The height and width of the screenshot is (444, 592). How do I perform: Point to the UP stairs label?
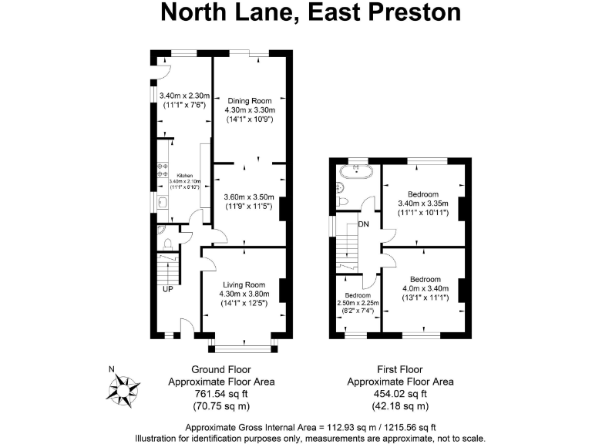(167, 290)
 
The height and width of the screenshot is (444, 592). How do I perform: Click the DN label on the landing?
(363, 224)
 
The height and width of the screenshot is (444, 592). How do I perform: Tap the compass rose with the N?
(123, 390)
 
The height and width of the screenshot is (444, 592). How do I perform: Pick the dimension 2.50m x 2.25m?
(358, 304)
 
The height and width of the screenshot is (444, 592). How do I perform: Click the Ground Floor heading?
(222, 369)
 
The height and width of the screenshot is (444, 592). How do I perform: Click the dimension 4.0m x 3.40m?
(425, 288)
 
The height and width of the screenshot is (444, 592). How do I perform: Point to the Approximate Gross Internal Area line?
(311, 427)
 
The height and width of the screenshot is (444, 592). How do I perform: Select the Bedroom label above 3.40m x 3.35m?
(423, 193)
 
